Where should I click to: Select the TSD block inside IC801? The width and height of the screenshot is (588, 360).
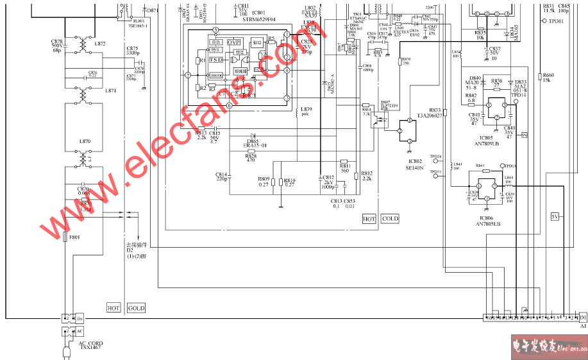click(x=215, y=60)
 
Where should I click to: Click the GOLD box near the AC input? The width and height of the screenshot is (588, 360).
click(x=136, y=308)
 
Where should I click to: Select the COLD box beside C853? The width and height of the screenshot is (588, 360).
click(x=390, y=219)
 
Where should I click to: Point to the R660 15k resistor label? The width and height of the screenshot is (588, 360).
click(x=548, y=78)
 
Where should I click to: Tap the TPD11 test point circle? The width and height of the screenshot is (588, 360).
click(x=544, y=21)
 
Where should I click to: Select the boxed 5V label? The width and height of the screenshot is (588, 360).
click(x=555, y=216)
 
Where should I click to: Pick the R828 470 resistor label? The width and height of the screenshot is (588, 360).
click(x=251, y=157)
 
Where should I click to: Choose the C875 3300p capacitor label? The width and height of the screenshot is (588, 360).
click(x=133, y=51)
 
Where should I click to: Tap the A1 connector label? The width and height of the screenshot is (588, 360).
click(x=583, y=325)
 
